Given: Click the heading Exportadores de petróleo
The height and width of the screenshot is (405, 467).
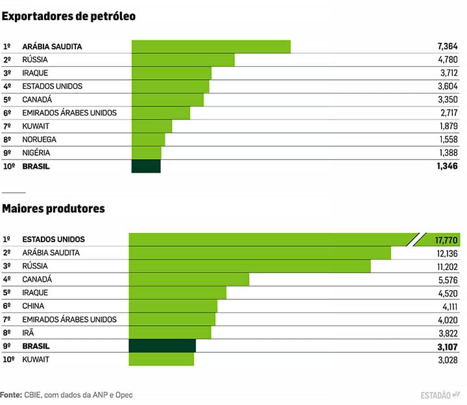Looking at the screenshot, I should [69, 16].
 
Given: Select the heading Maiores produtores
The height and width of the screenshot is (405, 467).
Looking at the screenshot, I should [53, 209].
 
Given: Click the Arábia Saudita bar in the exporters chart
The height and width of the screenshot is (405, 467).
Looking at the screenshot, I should [211, 46].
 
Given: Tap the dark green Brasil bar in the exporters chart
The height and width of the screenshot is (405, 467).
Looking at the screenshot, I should [146, 166].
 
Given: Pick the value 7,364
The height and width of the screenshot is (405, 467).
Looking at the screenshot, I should [448, 47].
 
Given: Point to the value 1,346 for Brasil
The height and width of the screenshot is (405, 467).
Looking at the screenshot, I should [448, 167].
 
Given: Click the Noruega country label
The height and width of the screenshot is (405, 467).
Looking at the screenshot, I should [39, 140].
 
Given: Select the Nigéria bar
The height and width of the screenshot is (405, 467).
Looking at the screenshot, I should [146, 153].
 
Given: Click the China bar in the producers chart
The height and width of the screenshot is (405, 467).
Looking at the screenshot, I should [173, 306].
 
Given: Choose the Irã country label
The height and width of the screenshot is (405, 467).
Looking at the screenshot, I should [28, 332].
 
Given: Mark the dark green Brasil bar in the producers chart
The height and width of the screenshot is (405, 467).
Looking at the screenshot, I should [162, 346].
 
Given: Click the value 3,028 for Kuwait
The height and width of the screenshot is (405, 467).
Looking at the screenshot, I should [448, 360].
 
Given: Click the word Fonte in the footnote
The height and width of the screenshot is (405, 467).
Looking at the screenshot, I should [10, 394].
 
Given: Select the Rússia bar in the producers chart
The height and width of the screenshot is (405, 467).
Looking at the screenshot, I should [250, 266].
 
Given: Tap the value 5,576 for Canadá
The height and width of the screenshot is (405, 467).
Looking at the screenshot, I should [448, 280].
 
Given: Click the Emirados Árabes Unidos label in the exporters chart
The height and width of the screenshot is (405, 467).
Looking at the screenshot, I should [69, 113].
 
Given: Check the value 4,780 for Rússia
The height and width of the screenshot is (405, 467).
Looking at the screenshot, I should [448, 60].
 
